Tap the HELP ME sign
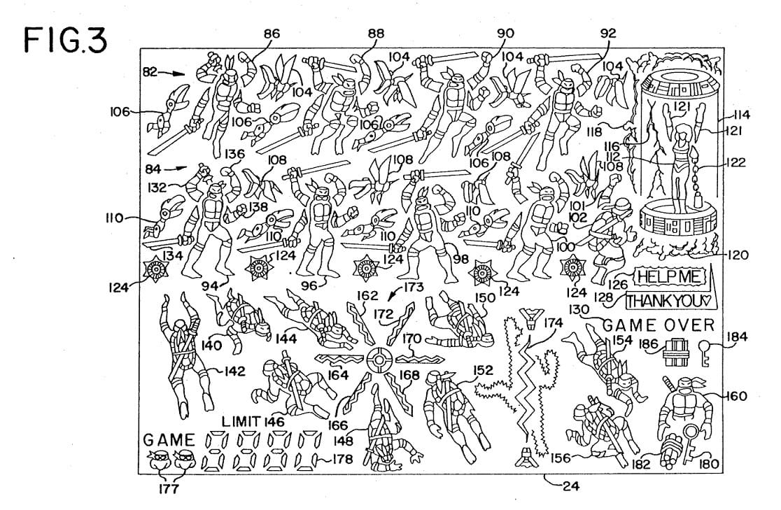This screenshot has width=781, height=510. pos(668,277)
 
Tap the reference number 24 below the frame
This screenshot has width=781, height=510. pos(572,487)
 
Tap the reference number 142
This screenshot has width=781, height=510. pos(238,371)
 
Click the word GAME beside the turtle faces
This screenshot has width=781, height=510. pos(169,440)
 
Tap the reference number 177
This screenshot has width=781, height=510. pos(168,488)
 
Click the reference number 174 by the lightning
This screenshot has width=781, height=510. pos(553,323)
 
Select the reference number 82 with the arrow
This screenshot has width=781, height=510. pos(150,71)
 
